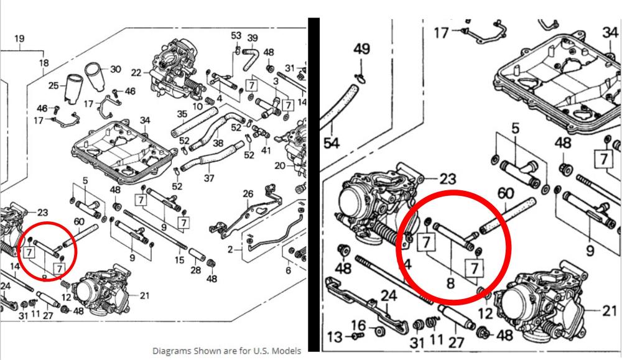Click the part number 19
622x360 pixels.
[19, 39]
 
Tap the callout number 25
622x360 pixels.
[53, 85]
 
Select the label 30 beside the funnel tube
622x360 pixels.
[116, 70]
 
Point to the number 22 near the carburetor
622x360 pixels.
[136, 72]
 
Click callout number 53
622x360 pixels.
[236, 35]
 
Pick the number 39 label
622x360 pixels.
[253, 38]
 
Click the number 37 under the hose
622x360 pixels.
[210, 178]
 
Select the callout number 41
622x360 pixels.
[266, 150]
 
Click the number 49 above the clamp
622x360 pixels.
[361, 49]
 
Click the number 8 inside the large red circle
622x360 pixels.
[450, 284]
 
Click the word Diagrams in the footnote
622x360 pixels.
[171, 349]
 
